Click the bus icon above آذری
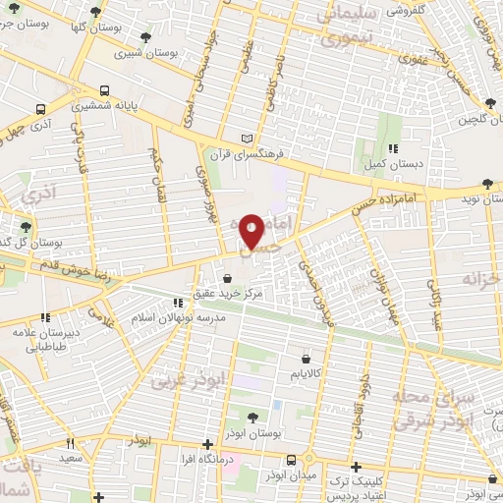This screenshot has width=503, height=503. pos(40,110)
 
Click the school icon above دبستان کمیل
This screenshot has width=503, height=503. pos(392,149)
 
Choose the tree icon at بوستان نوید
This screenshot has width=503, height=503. pos(488,183)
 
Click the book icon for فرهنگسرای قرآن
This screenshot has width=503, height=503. pos(247,138)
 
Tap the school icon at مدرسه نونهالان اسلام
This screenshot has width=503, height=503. pos(178,304)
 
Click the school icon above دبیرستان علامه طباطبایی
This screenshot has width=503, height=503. pos(45,317)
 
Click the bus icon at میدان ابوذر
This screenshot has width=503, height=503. pos(292,460)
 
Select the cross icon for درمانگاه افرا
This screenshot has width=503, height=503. pos(206,444)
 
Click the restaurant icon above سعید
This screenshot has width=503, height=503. pos(70,442)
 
